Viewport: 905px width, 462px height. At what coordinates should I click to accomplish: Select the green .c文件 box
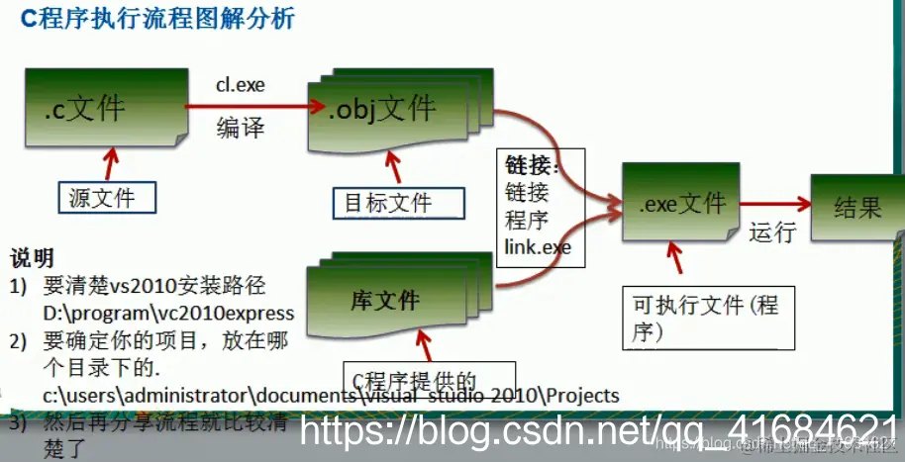pyautogui.click(x=101, y=104)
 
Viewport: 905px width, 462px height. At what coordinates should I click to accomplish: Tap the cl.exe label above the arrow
pyautogui.click(x=241, y=85)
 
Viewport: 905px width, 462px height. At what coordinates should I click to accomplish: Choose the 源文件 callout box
pyautogui.click(x=110, y=198)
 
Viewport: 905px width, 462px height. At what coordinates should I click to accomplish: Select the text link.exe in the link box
pyautogui.click(x=538, y=245)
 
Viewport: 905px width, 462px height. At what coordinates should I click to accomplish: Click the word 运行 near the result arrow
pyautogui.click(x=772, y=233)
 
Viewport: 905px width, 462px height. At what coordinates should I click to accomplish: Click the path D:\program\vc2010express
pyautogui.click(x=168, y=313)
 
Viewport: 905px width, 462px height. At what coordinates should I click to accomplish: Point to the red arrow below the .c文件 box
pyautogui.click(x=110, y=160)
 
